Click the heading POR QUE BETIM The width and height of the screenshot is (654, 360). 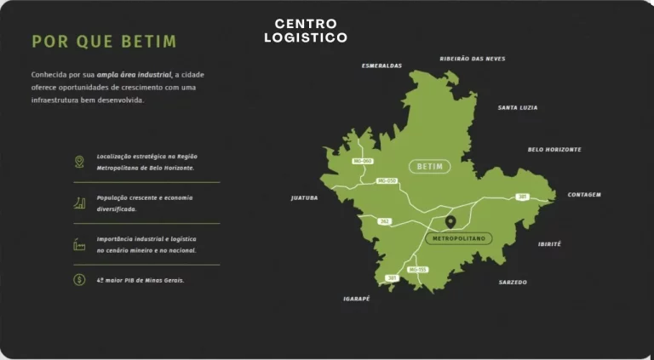point(104,42)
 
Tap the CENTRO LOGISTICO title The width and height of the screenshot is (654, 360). point(306,31)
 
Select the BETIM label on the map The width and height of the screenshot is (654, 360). point(430,167)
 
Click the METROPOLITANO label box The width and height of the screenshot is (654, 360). point(458,239)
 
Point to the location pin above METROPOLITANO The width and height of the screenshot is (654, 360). point(450,223)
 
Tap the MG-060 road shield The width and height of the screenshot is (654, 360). point(363,161)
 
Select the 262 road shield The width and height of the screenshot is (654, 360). point(385,221)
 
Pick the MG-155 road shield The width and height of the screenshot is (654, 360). point(417,270)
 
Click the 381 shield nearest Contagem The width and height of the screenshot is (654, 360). point(522,197)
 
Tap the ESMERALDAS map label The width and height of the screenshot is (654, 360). point(381,66)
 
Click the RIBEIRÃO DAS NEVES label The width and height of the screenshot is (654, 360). point(473,59)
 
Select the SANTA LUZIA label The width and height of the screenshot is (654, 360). point(518,108)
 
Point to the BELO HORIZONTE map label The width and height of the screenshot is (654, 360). point(554,150)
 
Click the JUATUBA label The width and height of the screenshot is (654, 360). point(304,197)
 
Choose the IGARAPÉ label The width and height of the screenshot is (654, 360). point(357,299)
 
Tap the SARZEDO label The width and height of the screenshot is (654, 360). point(513,282)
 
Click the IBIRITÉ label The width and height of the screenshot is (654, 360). point(549,244)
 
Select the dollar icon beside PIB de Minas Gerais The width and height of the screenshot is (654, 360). point(79,279)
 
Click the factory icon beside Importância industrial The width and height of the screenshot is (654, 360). point(79,244)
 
